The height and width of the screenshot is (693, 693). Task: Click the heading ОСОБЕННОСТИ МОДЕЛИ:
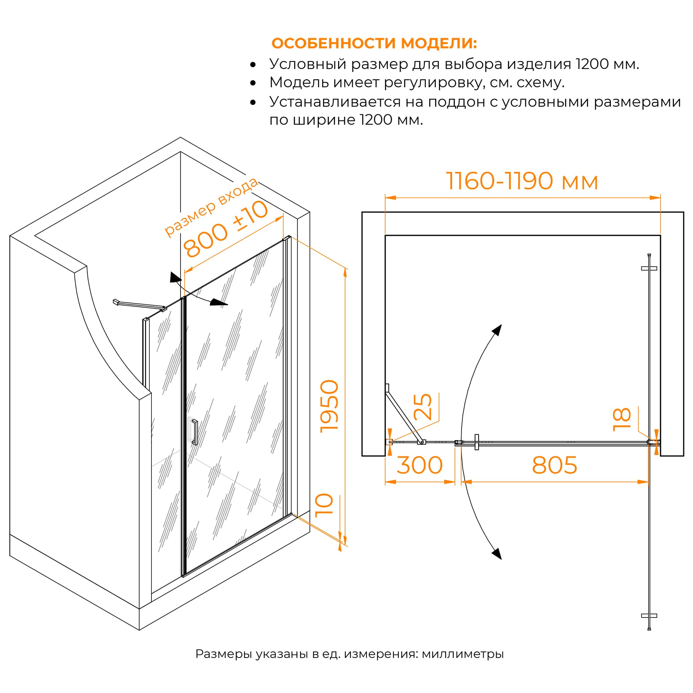click(x=374, y=43)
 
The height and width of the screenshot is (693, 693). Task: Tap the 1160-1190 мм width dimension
click(x=521, y=181)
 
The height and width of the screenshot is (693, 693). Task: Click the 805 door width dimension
click(x=554, y=465)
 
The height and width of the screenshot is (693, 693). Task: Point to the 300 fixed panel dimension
click(x=419, y=465)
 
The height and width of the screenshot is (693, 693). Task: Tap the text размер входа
click(x=211, y=207)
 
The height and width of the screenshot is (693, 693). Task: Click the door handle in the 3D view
click(x=195, y=432)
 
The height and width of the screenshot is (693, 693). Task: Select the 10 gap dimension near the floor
click(x=324, y=506)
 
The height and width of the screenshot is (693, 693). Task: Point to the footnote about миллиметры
click(x=349, y=653)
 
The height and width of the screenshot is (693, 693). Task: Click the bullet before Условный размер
click(x=253, y=64)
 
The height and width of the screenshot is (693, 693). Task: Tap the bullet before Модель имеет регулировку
click(x=253, y=83)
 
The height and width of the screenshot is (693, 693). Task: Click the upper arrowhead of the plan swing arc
click(x=497, y=330)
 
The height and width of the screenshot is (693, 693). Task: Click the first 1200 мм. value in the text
click(x=607, y=64)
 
